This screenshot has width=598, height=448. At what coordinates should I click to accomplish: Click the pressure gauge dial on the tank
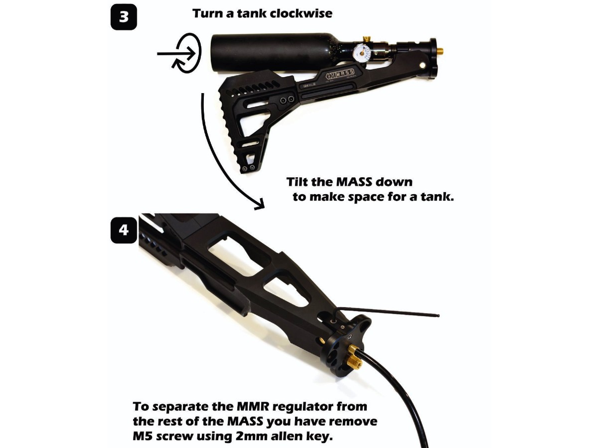(x=363, y=52)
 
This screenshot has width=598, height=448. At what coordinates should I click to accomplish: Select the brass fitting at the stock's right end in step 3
(x=442, y=50)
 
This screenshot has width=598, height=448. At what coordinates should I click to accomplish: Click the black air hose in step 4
(x=399, y=393)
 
